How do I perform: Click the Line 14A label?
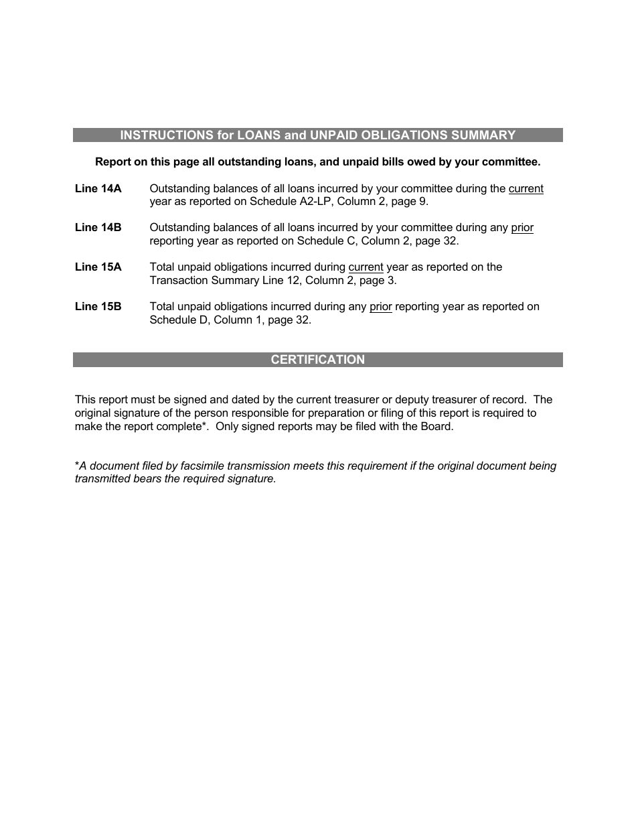[x=98, y=189]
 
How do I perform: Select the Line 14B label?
[x=98, y=228]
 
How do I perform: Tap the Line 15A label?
[x=98, y=267]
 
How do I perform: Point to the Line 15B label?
[x=98, y=307]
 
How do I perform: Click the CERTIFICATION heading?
[x=317, y=360]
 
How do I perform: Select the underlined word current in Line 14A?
[x=526, y=189]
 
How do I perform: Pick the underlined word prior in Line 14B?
[x=522, y=228]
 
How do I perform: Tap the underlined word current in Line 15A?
[x=366, y=267]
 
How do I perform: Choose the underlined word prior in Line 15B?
[x=380, y=307]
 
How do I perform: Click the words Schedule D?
[x=179, y=320]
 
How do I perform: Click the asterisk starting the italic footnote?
[x=77, y=465]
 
